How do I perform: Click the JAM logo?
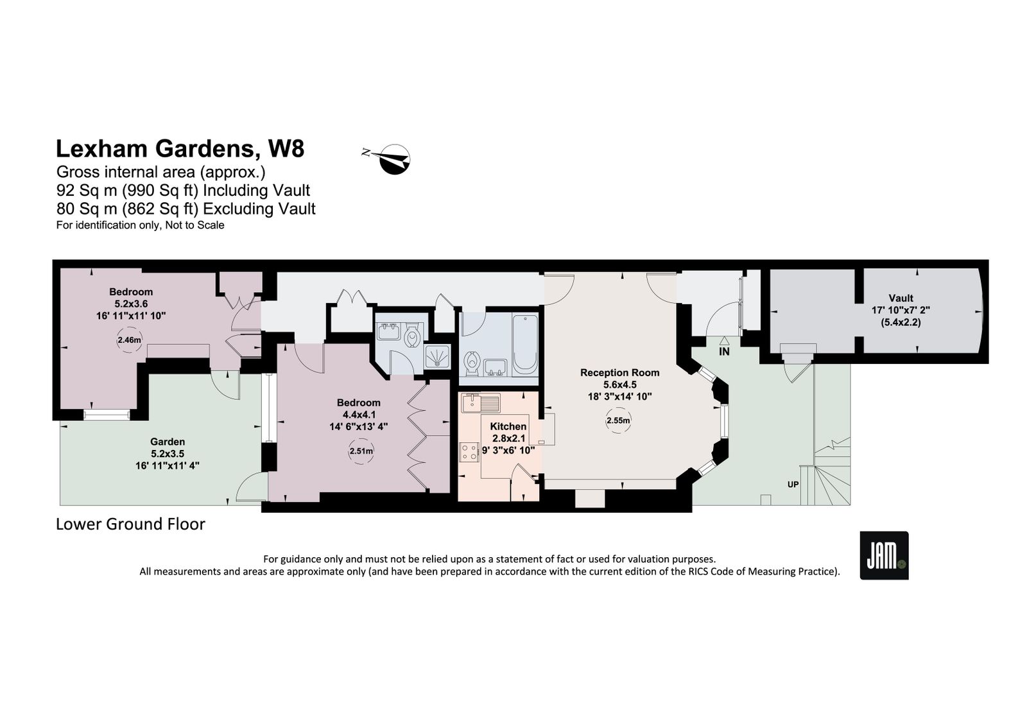click(883, 555)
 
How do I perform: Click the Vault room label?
click(901, 298)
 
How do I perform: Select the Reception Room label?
click(619, 372)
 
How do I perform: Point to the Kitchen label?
click(508, 426)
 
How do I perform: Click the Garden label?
click(168, 442)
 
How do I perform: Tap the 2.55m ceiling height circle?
click(618, 420)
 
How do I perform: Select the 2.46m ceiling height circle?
click(129, 340)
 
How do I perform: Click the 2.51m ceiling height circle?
click(361, 451)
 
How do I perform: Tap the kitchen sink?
click(481, 404)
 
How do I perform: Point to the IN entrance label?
click(724, 352)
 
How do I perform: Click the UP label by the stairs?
click(793, 484)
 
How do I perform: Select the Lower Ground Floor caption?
click(130, 524)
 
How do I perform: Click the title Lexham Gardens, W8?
click(180, 148)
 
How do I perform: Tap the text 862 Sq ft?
click(160, 209)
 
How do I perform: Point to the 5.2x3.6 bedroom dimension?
click(131, 304)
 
